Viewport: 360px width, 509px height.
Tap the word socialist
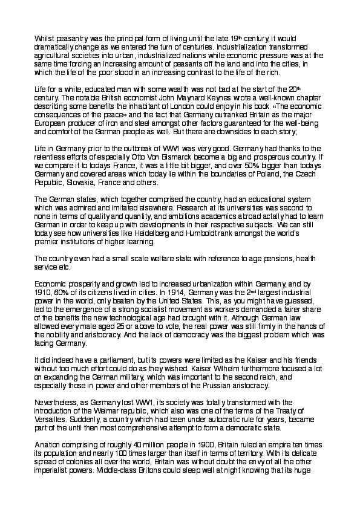159,311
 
